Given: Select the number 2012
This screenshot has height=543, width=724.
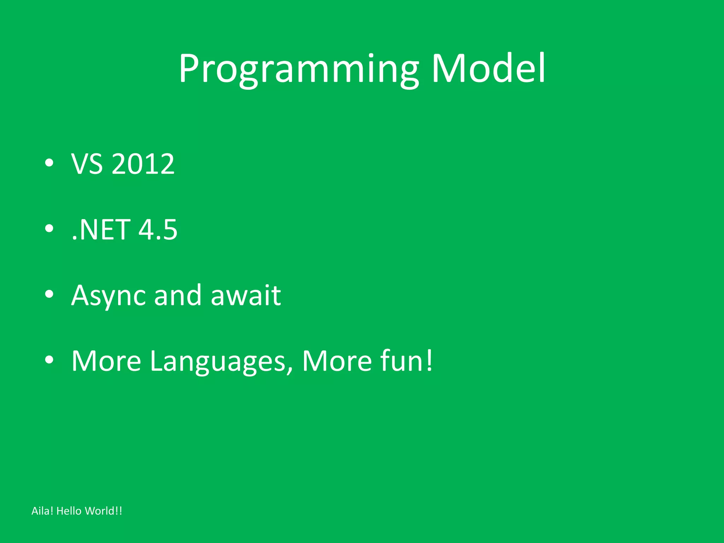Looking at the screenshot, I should (x=143, y=164).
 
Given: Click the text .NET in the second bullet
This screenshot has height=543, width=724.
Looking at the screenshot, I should (x=101, y=230).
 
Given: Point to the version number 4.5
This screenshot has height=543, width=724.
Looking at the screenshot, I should (x=158, y=230).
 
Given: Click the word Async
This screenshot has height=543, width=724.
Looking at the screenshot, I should (x=108, y=296).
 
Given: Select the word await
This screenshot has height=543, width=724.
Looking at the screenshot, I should (x=246, y=296).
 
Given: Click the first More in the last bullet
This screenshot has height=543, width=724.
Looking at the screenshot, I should (x=106, y=361).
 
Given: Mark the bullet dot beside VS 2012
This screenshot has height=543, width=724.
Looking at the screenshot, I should (x=49, y=163).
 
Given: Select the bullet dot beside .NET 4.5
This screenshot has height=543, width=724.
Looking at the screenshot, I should (x=49, y=229).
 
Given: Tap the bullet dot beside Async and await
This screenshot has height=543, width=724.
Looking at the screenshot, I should (x=49, y=294).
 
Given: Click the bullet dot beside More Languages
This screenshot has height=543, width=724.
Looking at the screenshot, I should (x=49, y=360).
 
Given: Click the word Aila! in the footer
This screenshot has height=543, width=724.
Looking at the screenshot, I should (x=42, y=511).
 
